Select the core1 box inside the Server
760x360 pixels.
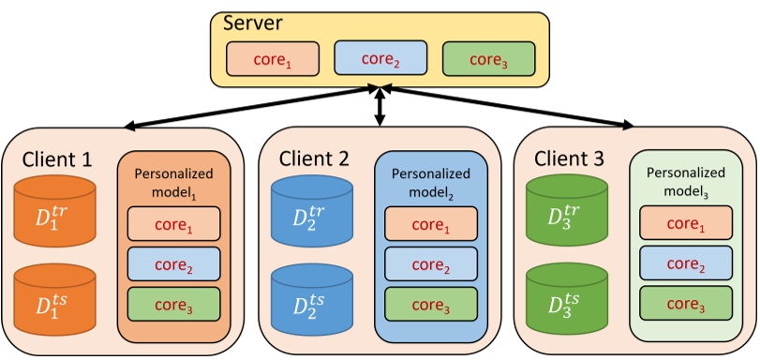(x=272, y=59)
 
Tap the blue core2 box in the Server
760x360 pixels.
(x=380, y=59)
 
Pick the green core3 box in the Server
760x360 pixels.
(x=488, y=59)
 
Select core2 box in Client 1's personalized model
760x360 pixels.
(x=174, y=264)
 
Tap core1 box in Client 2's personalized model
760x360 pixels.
(x=431, y=225)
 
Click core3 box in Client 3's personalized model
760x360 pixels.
(x=686, y=304)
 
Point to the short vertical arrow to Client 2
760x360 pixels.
(x=380, y=107)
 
